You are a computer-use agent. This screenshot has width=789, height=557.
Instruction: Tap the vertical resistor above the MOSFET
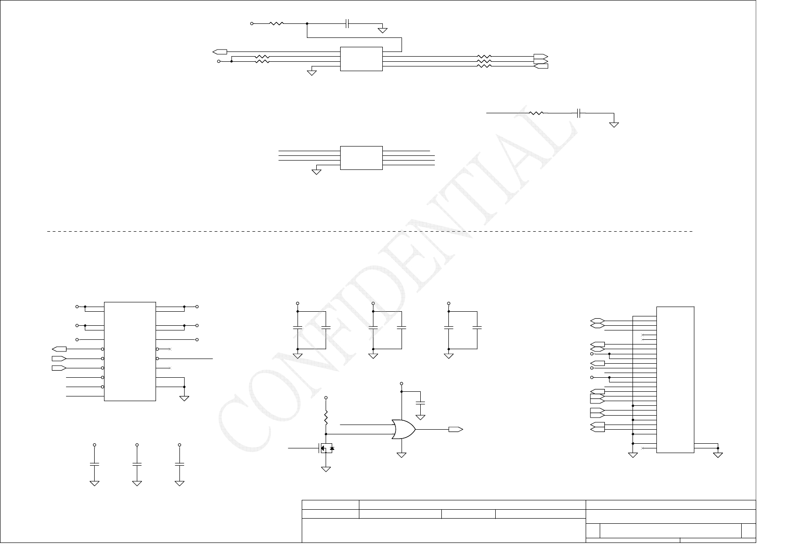326,416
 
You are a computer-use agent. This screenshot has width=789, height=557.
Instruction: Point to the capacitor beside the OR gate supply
420,403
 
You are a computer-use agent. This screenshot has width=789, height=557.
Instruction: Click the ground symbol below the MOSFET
326,469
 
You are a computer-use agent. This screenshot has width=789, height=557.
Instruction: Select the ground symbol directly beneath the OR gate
402,454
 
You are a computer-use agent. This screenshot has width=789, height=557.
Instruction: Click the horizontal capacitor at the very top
347,23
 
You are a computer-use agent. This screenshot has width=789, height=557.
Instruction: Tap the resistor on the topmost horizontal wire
276,23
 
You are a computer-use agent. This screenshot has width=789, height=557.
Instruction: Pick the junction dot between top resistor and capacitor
307,23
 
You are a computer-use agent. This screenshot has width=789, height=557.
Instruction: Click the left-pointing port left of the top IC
220,51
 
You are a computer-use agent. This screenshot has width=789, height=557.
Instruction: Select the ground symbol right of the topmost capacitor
383,30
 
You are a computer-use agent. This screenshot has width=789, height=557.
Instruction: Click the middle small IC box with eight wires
361,158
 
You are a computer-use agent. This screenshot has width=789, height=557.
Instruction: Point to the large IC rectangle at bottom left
130,351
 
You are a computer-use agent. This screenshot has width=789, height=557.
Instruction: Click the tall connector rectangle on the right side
675,380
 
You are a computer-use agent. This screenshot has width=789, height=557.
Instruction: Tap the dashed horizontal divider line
370,231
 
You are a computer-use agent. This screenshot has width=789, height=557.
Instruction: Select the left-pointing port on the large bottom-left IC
59,349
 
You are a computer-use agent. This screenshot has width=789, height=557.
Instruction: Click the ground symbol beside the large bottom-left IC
184,398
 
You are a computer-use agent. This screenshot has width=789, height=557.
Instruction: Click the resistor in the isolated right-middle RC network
536,113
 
